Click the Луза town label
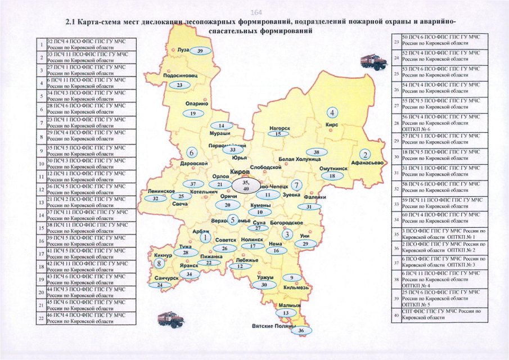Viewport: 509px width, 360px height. [183, 49]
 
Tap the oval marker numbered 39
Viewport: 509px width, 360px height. [200, 51]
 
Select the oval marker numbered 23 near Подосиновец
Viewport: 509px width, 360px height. [179, 85]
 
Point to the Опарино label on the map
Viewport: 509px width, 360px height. [197, 103]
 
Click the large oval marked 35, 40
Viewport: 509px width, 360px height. [246, 186]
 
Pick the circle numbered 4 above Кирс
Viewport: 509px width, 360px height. [333, 112]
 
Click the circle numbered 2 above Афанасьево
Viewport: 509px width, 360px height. [365, 154]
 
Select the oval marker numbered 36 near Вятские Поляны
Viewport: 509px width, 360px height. [301, 331]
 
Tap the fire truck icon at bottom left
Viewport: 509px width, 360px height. [168, 319]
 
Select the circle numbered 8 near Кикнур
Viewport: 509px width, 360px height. [160, 263]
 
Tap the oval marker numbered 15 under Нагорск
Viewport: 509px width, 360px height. [278, 134]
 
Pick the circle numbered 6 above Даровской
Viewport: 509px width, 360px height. [192, 152]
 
